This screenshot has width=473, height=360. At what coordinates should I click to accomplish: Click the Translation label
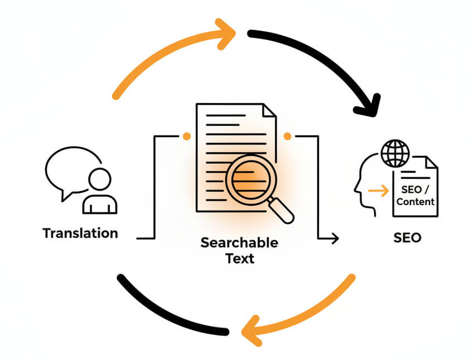(80, 233)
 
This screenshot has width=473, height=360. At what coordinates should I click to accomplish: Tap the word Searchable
(239, 243)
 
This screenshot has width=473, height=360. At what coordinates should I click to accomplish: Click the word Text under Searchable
(240, 259)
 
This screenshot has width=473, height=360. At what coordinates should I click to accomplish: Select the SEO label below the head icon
(407, 238)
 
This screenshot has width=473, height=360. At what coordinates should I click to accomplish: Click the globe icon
(395, 153)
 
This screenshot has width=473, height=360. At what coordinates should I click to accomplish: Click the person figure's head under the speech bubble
(100, 179)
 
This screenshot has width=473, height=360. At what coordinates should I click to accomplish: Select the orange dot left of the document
(186, 135)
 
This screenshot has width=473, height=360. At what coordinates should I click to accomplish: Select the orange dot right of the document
(288, 135)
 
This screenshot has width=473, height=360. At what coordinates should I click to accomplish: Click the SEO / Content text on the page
(416, 196)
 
